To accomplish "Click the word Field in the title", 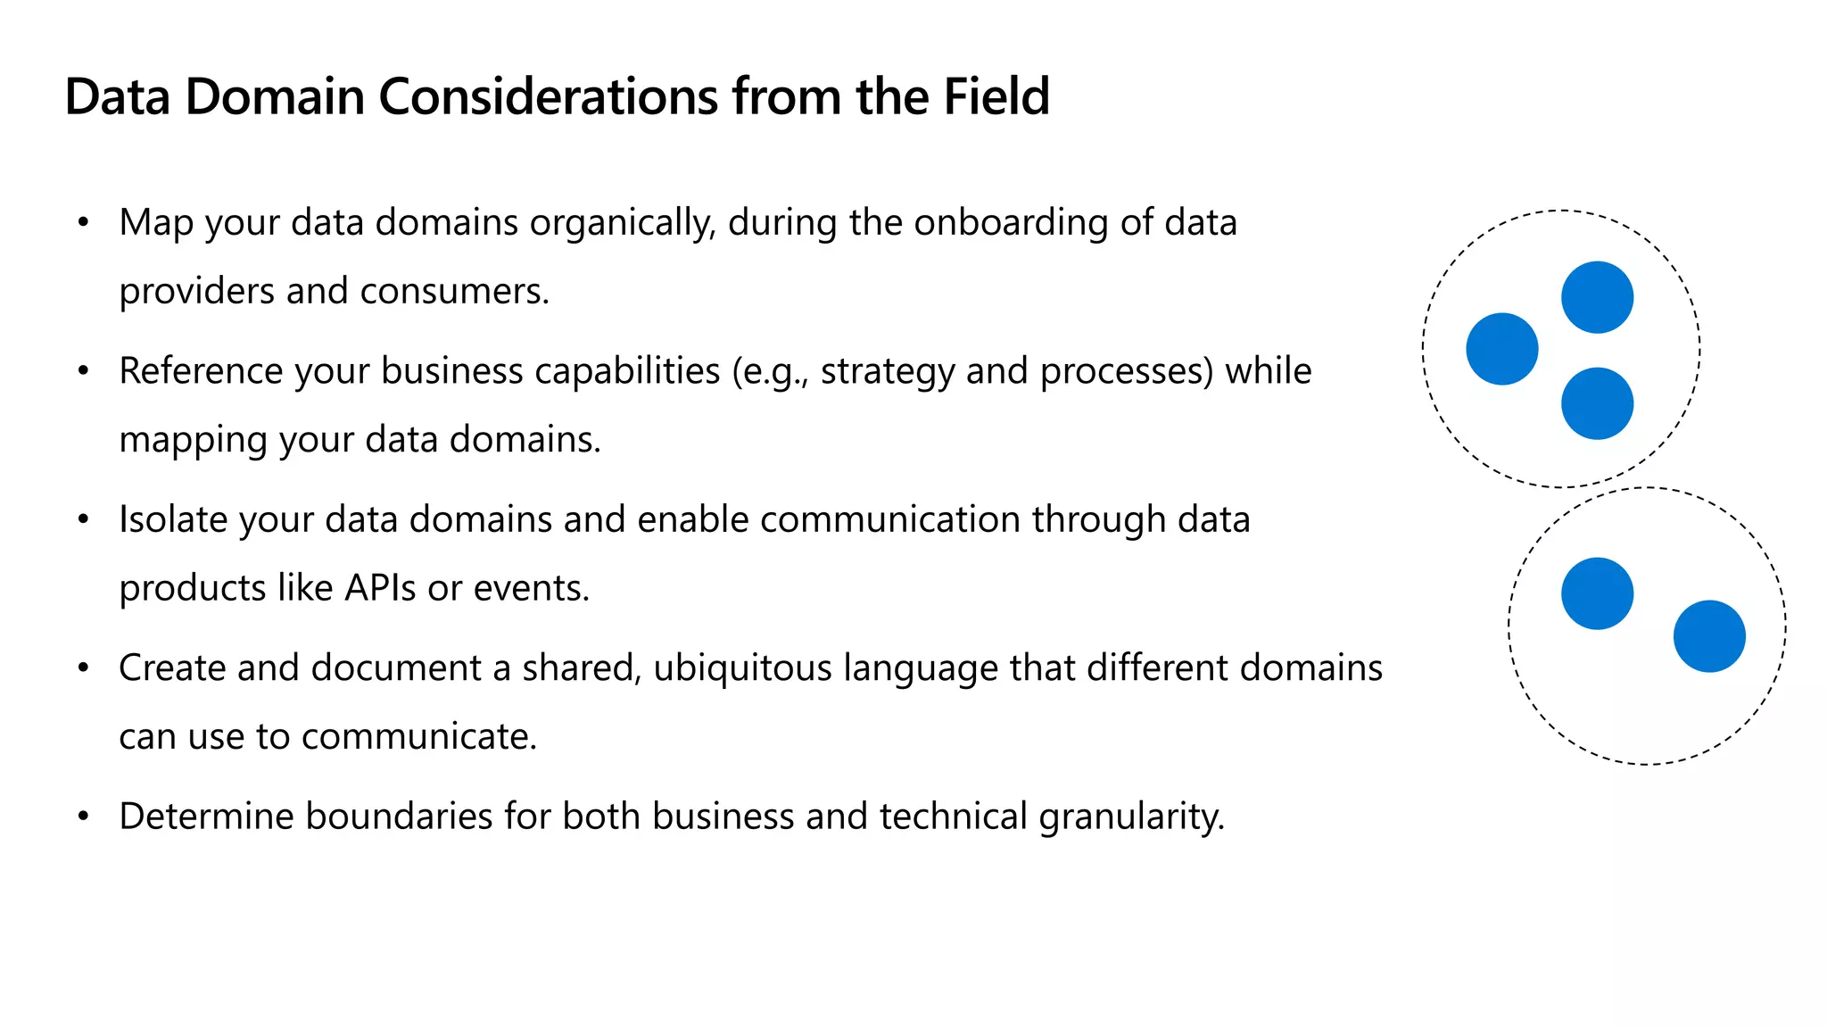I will pyautogui.click(x=996, y=96).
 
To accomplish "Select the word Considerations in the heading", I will pyautogui.click(x=548, y=96).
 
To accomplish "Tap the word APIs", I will pyautogui.click(x=380, y=588).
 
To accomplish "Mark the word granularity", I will pyautogui.click(x=1131, y=817).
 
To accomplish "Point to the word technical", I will pyautogui.click(x=954, y=817).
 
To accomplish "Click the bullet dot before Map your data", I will pyautogui.click(x=83, y=222).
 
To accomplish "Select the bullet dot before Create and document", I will pyautogui.click(x=83, y=667).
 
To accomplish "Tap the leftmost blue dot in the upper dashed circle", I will pyautogui.click(x=1502, y=349).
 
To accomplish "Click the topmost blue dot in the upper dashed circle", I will pyautogui.click(x=1597, y=297).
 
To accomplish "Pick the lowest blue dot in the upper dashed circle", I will pyautogui.click(x=1597, y=403).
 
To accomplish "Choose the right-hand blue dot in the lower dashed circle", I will pyautogui.click(x=1709, y=636).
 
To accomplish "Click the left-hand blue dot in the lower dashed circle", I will pyautogui.click(x=1597, y=593).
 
